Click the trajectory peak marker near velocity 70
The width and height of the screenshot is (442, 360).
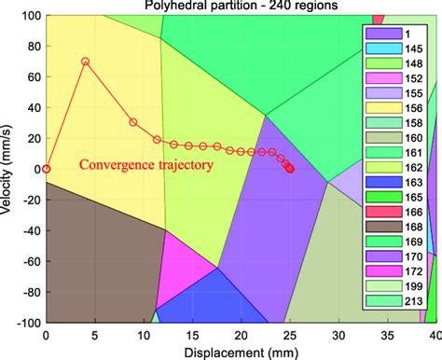pyautogui.click(x=86, y=62)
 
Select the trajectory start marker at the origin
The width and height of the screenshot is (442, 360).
pyautogui.click(x=47, y=169)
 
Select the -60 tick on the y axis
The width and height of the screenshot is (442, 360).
pyautogui.click(x=27, y=260)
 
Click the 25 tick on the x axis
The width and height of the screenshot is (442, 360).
pyautogui.click(x=289, y=334)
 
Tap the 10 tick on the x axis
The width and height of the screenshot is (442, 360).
pyautogui.click(x=143, y=334)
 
